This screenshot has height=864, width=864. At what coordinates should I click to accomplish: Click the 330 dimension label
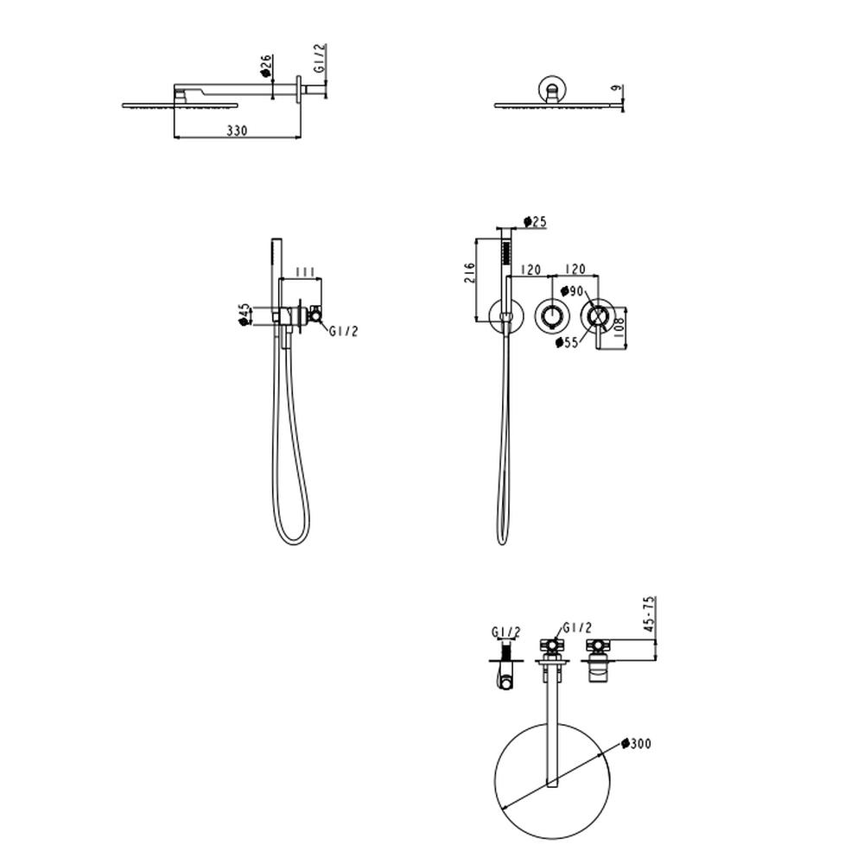[237, 130]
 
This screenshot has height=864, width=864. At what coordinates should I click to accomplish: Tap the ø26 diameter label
[266, 66]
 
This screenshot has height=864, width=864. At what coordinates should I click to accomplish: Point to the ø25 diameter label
[535, 221]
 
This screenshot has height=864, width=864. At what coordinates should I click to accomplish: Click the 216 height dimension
[469, 273]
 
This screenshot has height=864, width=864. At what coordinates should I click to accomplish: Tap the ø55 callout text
[567, 342]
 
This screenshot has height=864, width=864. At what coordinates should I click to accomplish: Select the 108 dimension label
[618, 328]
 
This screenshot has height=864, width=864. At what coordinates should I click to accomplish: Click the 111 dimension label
[305, 271]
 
